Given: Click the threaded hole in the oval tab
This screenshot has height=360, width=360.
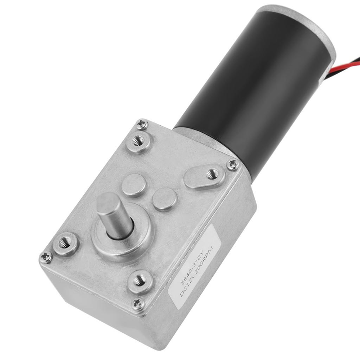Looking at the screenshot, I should [x=212, y=174].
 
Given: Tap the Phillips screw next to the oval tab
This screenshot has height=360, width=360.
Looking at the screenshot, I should [x=232, y=164].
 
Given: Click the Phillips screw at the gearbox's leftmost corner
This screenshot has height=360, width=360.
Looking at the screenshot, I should [x=45, y=257].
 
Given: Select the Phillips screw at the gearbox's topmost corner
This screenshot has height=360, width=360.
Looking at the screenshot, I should [x=142, y=124].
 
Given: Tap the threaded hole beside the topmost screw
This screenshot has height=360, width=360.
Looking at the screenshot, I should [x=138, y=141].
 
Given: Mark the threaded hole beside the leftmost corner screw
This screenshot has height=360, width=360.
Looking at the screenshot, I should [x=65, y=243].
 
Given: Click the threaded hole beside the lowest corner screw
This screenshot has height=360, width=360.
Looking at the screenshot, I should [x=140, y=280].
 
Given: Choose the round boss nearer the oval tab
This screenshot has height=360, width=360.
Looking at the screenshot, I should [x=164, y=199].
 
